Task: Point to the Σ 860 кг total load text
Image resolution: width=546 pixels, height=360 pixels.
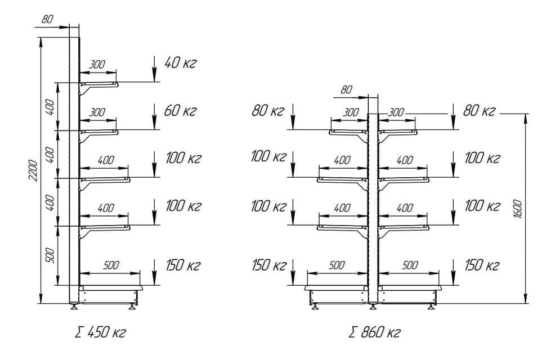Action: [374, 332]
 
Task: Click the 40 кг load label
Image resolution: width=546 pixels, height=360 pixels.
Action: [180, 62]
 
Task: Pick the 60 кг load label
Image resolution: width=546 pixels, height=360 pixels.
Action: [180, 110]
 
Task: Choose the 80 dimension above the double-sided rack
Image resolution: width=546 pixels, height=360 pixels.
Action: [346, 89]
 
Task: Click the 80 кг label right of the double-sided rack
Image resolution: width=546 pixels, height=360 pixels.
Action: [478, 110]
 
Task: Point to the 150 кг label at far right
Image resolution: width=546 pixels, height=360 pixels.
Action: [482, 264]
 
